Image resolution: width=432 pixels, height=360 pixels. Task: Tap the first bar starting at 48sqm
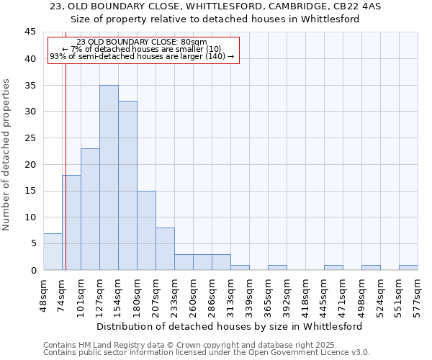(x=53, y=251)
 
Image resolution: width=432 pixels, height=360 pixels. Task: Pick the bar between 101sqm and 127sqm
(x=90, y=209)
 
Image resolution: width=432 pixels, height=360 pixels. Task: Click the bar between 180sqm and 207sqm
(x=146, y=230)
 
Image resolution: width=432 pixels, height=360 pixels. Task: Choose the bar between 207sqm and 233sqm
(x=165, y=249)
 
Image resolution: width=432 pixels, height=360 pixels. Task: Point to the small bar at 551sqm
(x=408, y=268)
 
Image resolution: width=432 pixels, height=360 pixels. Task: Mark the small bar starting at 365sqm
(x=277, y=268)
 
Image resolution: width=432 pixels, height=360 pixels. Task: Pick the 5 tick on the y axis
(x=33, y=243)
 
